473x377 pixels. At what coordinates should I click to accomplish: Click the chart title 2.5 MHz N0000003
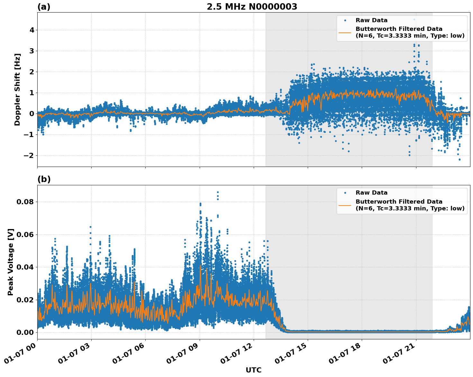tap(252, 7)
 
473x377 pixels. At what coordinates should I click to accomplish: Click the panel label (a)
tap(44, 7)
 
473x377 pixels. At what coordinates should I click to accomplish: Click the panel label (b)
tap(44, 179)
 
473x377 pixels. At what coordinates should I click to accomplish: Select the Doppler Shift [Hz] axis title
tap(17, 89)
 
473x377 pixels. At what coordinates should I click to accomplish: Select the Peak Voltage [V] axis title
tap(11, 262)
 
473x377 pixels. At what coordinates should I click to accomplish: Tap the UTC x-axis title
tap(253, 370)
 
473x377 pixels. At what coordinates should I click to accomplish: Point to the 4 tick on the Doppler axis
tap(32, 30)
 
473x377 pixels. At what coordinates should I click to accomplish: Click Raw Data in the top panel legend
tap(371, 20)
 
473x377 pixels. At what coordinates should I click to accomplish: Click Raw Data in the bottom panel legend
tap(371, 193)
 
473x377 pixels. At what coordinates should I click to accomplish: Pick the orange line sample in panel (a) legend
tap(345, 32)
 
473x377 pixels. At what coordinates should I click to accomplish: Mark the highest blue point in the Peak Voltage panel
tap(218, 192)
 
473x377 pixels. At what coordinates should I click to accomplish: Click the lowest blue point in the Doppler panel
tap(459, 159)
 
